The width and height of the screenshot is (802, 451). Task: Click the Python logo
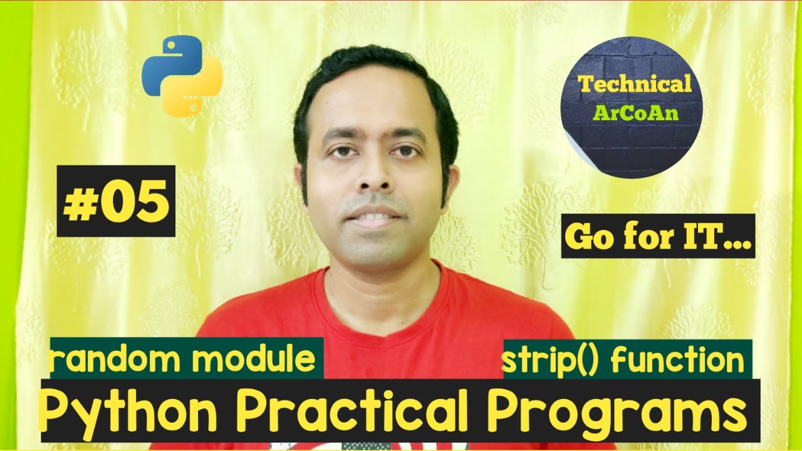[x=182, y=76]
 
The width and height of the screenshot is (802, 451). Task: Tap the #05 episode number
[x=116, y=201]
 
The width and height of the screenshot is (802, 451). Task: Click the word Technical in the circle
[x=635, y=83]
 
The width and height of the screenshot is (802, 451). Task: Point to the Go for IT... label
[x=658, y=236]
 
